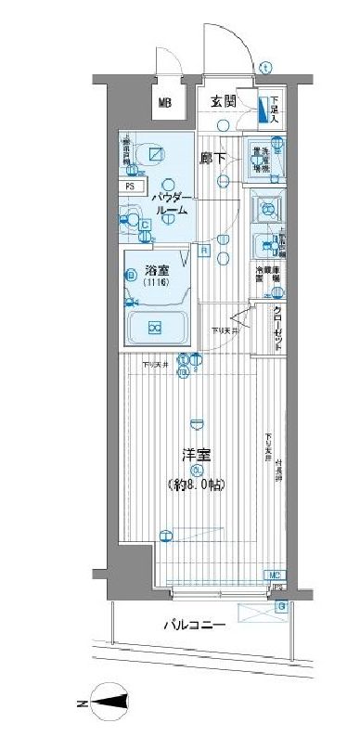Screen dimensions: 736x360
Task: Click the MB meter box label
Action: click(x=163, y=103)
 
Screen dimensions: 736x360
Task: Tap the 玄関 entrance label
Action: click(x=223, y=101)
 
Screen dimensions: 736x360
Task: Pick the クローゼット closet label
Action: click(x=277, y=328)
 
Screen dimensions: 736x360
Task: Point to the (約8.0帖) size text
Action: click(x=197, y=485)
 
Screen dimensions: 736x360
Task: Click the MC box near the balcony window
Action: click(x=276, y=575)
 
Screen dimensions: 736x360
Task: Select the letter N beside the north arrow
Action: click(x=83, y=706)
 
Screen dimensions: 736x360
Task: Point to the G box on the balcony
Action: click(x=281, y=607)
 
